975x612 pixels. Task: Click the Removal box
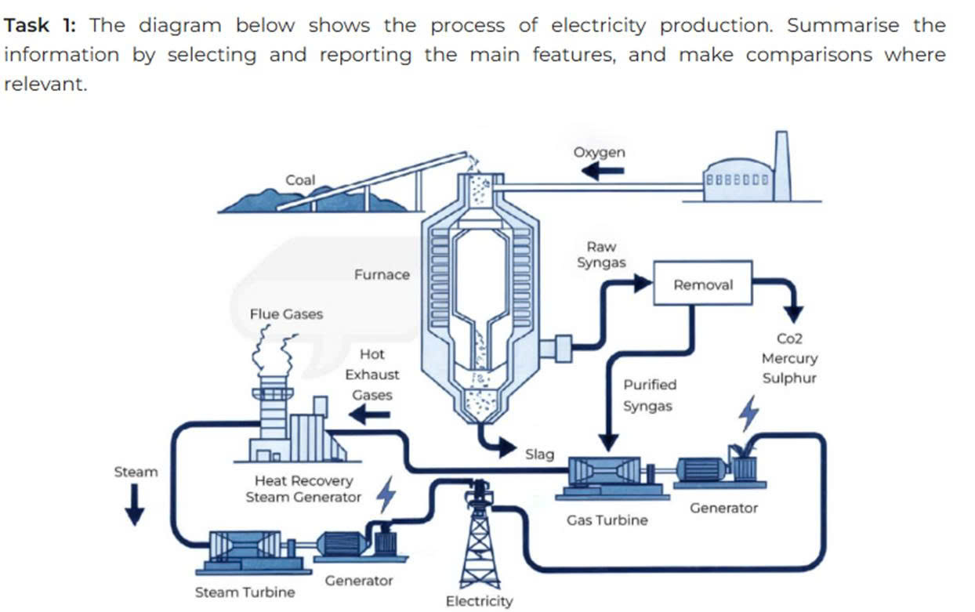[x=703, y=283]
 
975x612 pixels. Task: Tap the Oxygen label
[x=600, y=152]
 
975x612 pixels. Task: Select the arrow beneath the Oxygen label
[x=603, y=171]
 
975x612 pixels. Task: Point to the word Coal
[x=300, y=179]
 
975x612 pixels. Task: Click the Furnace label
[x=382, y=275]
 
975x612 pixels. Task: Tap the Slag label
[x=540, y=454]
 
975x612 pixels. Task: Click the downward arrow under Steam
[x=135, y=505]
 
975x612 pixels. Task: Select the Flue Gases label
[x=286, y=314]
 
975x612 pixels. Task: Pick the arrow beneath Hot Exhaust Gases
[x=369, y=415]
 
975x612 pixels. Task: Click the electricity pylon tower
[x=480, y=535]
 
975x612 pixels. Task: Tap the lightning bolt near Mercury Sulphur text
[x=749, y=414]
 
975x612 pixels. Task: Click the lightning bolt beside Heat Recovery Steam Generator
[x=386, y=494]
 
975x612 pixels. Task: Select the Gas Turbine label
[x=607, y=520]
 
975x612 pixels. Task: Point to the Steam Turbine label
[x=245, y=592]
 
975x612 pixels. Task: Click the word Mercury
[x=789, y=358]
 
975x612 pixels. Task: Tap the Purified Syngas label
[x=649, y=395]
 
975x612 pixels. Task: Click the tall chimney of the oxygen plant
[x=781, y=166]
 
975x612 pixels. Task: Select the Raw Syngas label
[x=602, y=255]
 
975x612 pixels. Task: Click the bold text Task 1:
[x=40, y=25]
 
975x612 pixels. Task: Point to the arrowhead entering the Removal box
[x=643, y=283]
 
